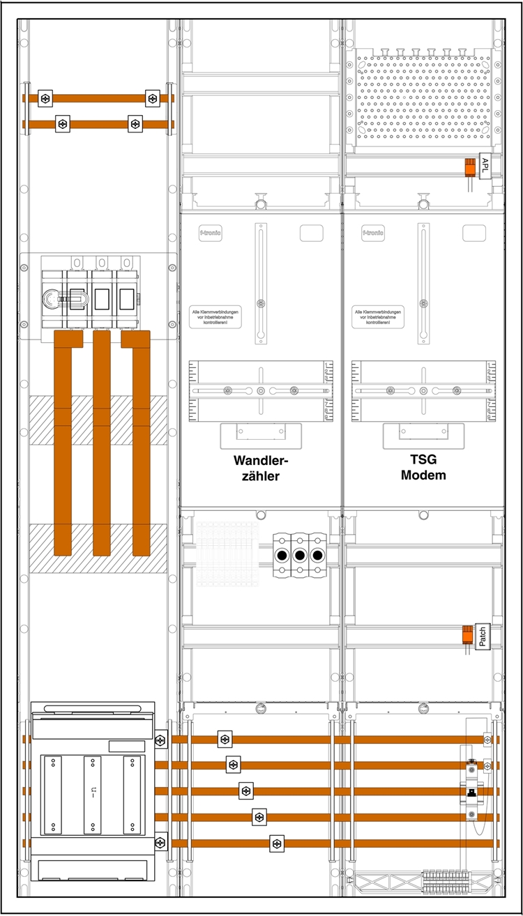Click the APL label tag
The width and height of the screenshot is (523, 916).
pyautogui.click(x=486, y=166)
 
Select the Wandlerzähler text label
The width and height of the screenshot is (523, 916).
pyautogui.click(x=261, y=469)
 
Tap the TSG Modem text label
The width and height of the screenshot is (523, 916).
pyautogui.click(x=423, y=468)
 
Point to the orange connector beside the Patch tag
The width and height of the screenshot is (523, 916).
pyautogui.click(x=467, y=636)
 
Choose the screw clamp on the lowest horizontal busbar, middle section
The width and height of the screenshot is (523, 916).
pyautogui.click(x=278, y=844)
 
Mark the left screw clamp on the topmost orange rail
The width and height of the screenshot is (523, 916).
pyautogui.click(x=45, y=98)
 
